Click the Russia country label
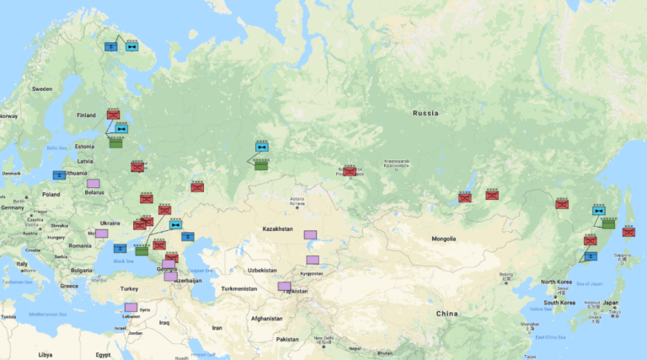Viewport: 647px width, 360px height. [x=426, y=113]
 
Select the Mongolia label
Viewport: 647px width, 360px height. [x=445, y=239]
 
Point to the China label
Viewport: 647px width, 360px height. [x=446, y=314]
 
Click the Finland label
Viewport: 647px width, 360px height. [x=87, y=116]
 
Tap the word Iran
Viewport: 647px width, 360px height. [x=217, y=327]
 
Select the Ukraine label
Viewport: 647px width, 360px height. [x=110, y=223]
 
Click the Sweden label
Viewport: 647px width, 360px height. [x=42, y=89]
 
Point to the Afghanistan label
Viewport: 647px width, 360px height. [x=266, y=318]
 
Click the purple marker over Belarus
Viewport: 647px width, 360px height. [x=93, y=183]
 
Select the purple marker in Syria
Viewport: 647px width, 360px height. [x=131, y=308]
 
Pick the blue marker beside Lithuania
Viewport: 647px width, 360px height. [x=59, y=175]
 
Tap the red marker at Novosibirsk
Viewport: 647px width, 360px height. [x=349, y=172]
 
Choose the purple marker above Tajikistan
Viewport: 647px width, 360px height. [x=285, y=287]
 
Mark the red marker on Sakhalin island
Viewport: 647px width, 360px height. [x=628, y=232]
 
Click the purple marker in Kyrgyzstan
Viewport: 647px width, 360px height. [x=313, y=260]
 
